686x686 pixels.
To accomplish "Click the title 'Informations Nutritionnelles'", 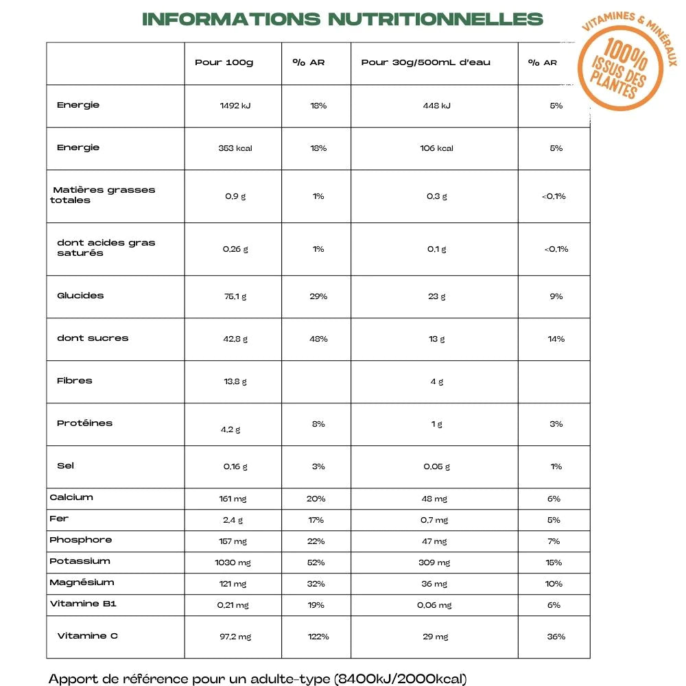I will click(x=342, y=19).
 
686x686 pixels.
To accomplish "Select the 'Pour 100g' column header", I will click(x=224, y=62).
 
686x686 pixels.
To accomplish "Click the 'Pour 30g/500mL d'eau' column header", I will click(x=425, y=62).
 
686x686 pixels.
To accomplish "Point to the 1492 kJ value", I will click(x=235, y=106).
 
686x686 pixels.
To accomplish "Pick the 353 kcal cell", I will click(x=235, y=148).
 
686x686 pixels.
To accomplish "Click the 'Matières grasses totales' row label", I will click(x=103, y=195).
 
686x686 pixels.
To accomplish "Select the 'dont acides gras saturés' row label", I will click(x=106, y=248).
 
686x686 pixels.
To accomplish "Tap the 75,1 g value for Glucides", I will click(x=235, y=296).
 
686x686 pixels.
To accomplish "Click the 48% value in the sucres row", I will click(x=318, y=339).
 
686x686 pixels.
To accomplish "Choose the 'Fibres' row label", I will click(x=75, y=381).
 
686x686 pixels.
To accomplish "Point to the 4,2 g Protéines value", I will click(x=230, y=429).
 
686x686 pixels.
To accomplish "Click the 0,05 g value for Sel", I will click(x=437, y=466).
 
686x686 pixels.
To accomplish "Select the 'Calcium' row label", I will click(x=71, y=497).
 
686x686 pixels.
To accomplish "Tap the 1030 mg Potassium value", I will click(x=233, y=563).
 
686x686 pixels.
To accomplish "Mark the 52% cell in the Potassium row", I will click(x=317, y=563).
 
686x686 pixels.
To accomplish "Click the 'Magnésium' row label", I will click(x=82, y=582).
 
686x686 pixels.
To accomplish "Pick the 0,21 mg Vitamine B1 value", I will click(x=233, y=605).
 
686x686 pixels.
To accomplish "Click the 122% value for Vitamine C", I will click(x=318, y=637).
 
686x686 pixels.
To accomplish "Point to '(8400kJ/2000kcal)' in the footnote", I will click(x=401, y=679).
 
